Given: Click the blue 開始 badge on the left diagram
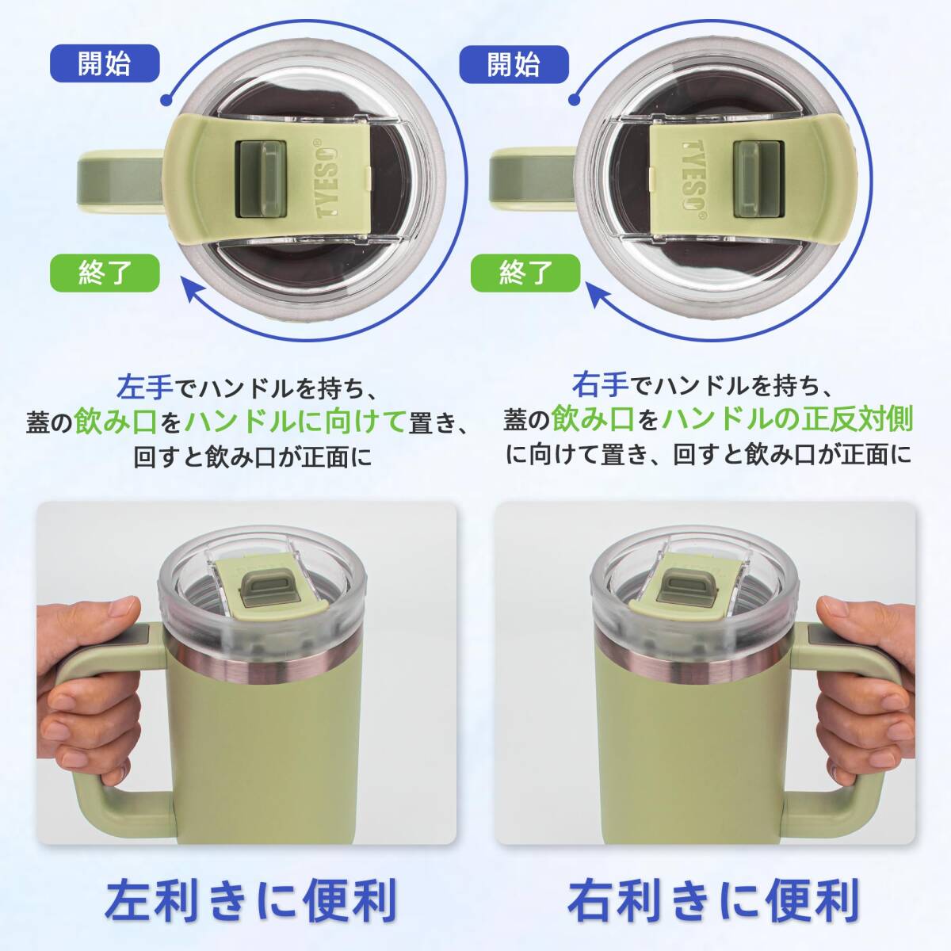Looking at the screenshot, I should click(104, 64).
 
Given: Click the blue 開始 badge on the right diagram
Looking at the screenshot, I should click(514, 64).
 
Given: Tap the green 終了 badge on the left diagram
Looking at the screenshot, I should click(104, 273).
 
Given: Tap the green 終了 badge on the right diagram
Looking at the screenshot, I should click(525, 273).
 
